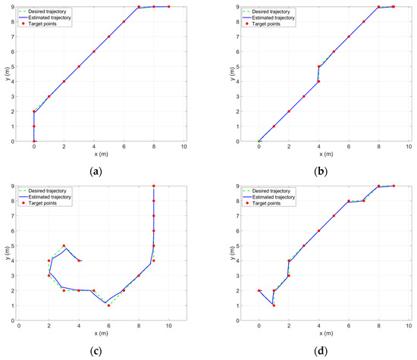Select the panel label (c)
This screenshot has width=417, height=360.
click(x=96, y=352)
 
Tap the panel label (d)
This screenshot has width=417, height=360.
click(x=321, y=352)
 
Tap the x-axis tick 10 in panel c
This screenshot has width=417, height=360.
click(x=168, y=327)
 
